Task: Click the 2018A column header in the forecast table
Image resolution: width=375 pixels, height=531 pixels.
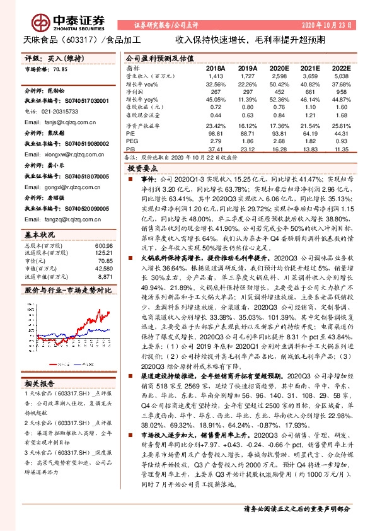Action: coord(216,67)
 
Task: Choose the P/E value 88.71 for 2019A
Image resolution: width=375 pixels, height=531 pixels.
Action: coord(248,134)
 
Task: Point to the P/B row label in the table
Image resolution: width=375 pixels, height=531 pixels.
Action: coord(130,148)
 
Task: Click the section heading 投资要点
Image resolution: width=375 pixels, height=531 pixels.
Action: coord(141,169)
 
